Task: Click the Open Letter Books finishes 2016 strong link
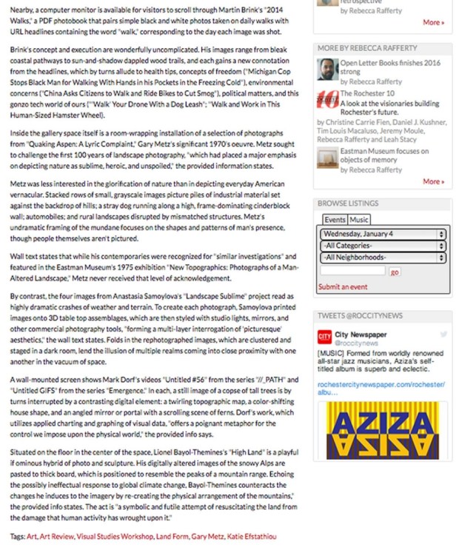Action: (x=389, y=67)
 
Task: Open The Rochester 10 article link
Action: (x=367, y=94)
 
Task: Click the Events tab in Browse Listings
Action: (x=335, y=220)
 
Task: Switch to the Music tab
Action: (x=359, y=220)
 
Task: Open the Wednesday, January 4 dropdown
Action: (x=383, y=234)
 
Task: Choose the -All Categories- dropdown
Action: (x=383, y=246)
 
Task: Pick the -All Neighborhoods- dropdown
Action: (x=383, y=258)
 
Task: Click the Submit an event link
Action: (x=342, y=286)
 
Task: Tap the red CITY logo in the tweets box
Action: (x=324, y=338)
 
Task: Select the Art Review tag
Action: (x=56, y=537)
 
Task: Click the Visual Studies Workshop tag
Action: (x=115, y=537)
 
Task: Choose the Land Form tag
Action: (x=172, y=537)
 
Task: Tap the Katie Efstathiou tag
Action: (x=252, y=537)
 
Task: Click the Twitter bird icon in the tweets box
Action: (x=443, y=335)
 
